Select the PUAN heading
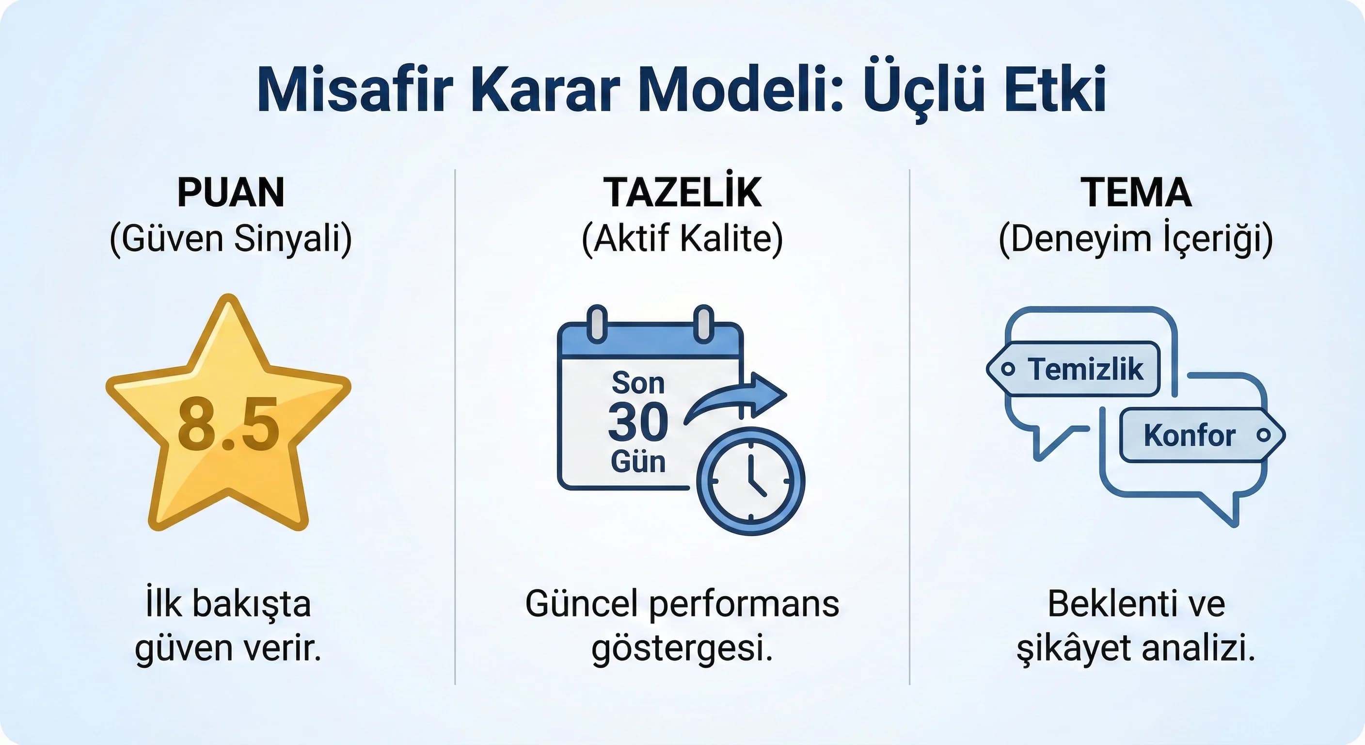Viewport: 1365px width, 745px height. (x=231, y=192)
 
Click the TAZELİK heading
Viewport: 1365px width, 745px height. (x=682, y=192)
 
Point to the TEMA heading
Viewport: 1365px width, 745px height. (x=1136, y=192)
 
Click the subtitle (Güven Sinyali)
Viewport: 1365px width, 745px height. (x=231, y=239)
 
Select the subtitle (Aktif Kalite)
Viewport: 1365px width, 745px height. (x=682, y=239)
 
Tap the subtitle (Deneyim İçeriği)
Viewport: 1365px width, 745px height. (x=1136, y=239)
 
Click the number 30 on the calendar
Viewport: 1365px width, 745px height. (x=638, y=422)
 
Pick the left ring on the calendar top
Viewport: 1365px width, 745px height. (x=597, y=324)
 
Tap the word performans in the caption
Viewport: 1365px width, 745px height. (x=744, y=604)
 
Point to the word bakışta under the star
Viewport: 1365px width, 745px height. (x=251, y=604)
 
